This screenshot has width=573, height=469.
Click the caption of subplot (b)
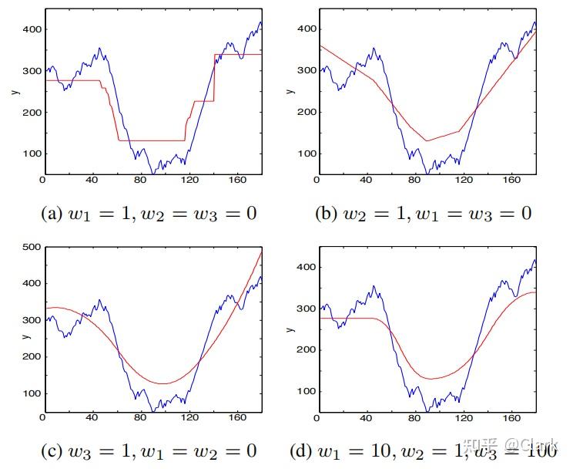423,214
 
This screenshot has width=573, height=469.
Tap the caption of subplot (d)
423,450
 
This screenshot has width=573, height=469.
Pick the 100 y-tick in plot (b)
306,153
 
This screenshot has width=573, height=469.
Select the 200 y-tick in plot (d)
306,349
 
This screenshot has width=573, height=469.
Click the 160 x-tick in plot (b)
510,180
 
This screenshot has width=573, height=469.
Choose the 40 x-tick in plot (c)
92,417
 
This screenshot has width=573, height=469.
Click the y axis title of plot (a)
14,93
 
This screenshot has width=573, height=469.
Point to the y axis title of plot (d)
290,330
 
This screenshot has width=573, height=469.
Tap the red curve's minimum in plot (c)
163,383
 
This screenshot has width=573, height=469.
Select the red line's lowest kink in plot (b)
426,140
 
